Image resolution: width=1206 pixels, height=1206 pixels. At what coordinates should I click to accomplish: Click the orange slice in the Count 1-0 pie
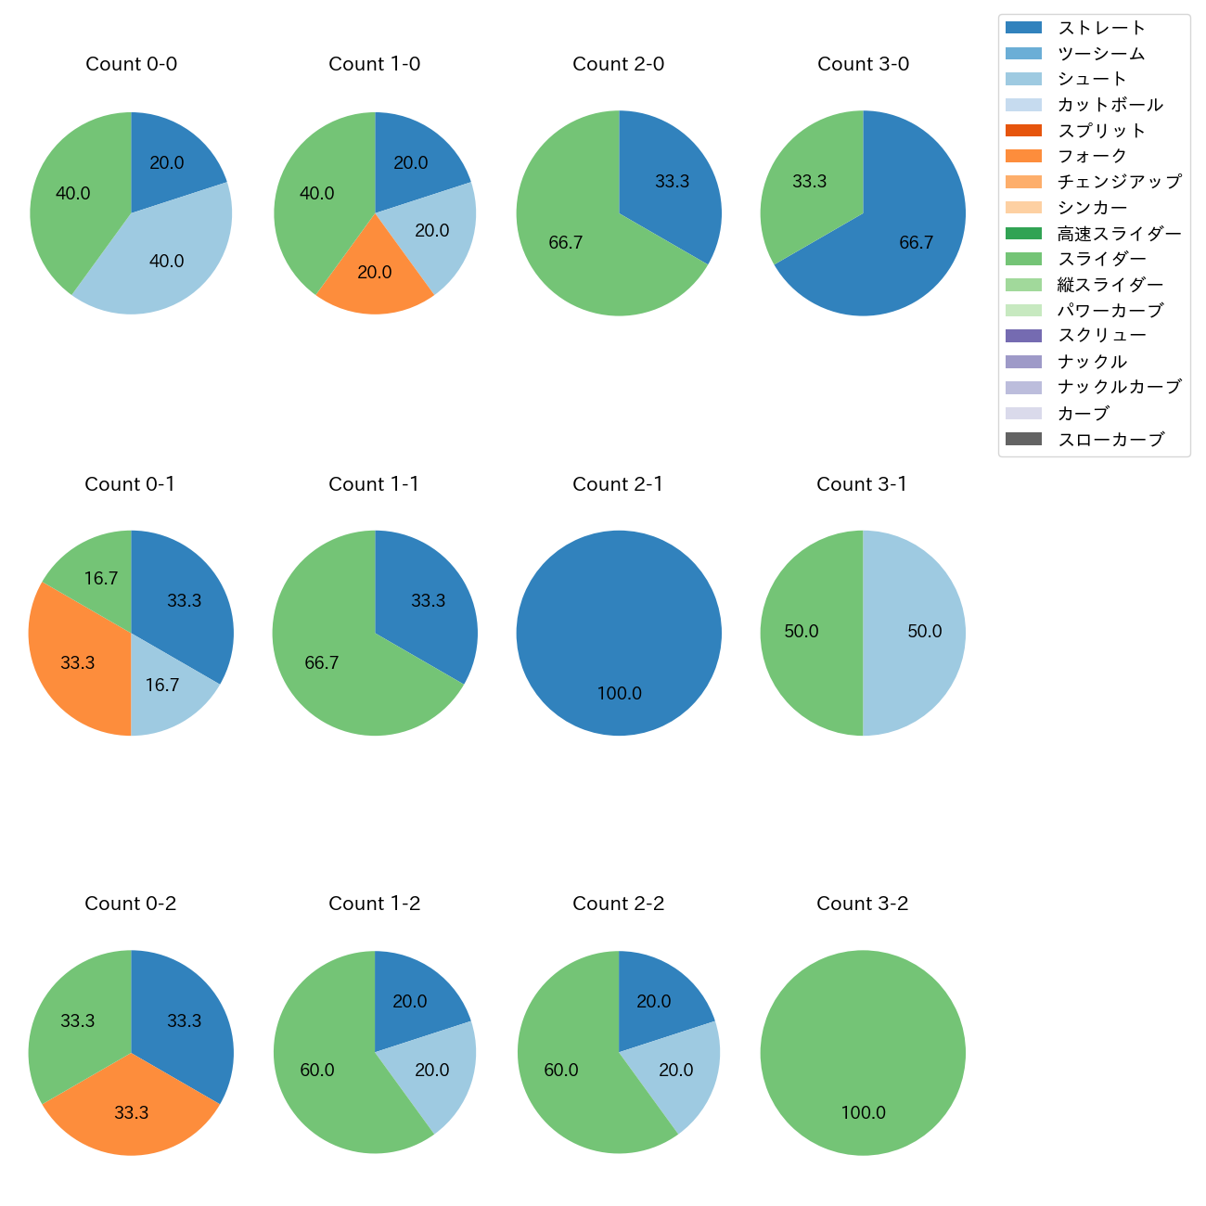375,274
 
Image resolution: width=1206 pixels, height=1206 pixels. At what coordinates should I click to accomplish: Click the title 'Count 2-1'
618,484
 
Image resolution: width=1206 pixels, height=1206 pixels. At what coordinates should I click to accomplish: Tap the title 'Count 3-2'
862,904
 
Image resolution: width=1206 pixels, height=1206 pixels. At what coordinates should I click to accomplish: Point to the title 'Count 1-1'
374,484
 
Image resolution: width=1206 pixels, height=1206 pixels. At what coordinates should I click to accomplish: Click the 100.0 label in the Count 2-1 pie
619,694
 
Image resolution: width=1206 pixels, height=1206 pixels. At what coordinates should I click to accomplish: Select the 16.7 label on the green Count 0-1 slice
101,579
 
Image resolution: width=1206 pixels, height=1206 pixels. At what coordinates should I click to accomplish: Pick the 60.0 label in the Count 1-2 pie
317,1071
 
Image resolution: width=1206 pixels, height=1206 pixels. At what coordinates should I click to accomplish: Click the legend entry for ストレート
1101,28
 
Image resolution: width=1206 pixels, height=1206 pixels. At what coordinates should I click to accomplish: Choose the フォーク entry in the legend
1092,156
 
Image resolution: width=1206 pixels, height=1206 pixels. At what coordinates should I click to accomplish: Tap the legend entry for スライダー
1101,259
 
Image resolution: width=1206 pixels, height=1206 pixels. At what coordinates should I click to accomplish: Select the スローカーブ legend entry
1110,440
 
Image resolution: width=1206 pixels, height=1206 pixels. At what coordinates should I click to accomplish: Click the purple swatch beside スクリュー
1023,336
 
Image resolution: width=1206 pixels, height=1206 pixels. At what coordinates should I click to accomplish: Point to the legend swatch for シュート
1023,79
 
